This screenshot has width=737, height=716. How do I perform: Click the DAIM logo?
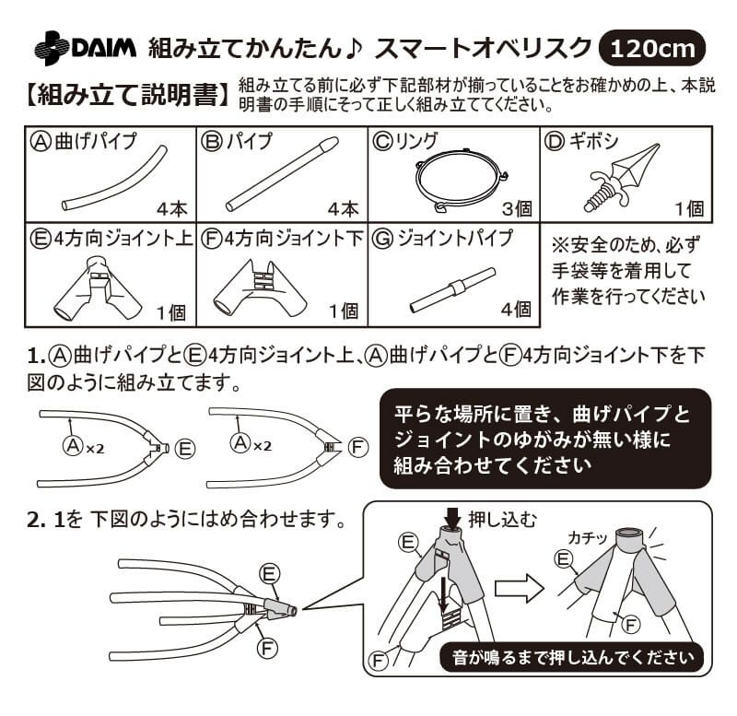[x=85, y=46]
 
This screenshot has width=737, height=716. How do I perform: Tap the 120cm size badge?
[x=651, y=47]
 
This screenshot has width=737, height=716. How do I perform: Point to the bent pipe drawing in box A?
[x=114, y=179]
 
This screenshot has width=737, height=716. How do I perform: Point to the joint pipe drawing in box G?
[x=451, y=288]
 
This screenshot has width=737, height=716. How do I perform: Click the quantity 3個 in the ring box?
[x=515, y=209]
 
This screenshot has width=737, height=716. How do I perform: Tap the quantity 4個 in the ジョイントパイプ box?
[x=515, y=311]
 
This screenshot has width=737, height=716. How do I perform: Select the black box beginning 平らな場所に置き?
[x=545, y=439]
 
